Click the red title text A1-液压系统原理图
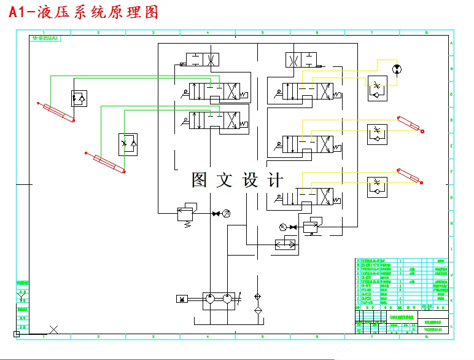[x=83, y=12]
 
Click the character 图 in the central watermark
[x=200, y=180]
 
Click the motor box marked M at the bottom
[x=183, y=299]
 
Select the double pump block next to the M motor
[x=219, y=299]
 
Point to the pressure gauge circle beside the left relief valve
[x=226, y=213]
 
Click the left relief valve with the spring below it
[x=184, y=213]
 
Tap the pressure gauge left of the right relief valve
[x=282, y=227]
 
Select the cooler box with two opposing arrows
[x=286, y=245]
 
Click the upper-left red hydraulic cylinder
[x=55, y=112]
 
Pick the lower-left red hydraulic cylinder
[x=106, y=163]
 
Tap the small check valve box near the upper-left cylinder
[x=79, y=97]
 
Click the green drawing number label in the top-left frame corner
[x=44, y=38]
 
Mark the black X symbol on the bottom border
[x=54, y=330]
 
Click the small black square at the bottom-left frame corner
[x=17, y=334]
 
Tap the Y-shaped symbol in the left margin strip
[x=22, y=299]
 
